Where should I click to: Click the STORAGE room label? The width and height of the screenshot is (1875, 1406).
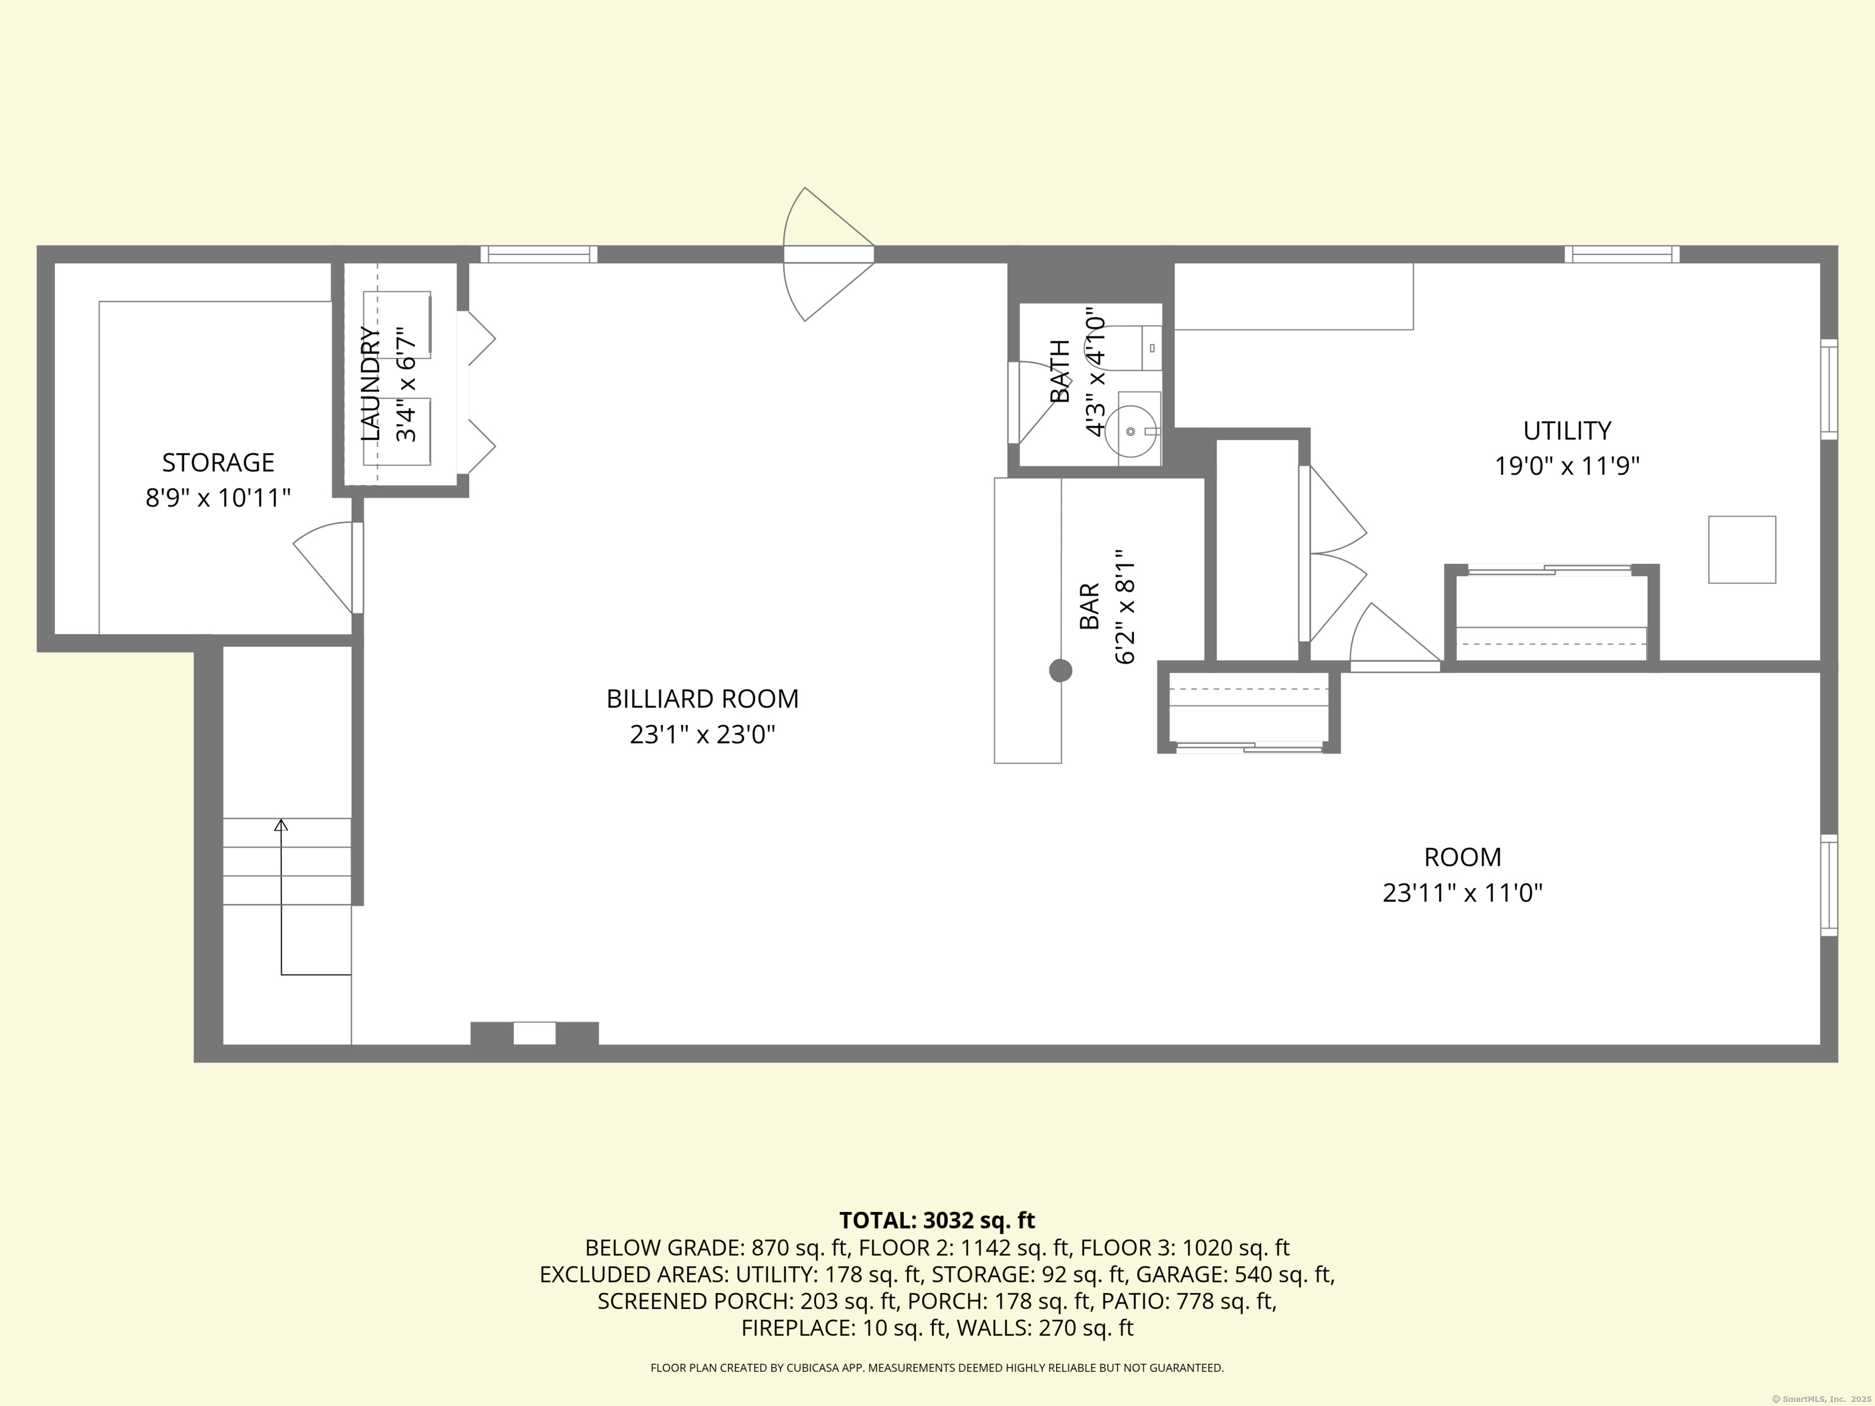218,463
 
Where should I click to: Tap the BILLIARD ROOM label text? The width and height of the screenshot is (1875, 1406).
702,699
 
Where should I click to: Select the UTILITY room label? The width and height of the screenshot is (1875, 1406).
1566,431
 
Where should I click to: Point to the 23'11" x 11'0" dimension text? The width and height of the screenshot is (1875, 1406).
1462,892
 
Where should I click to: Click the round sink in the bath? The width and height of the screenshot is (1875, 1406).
1131,431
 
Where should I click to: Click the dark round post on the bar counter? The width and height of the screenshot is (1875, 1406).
1060,671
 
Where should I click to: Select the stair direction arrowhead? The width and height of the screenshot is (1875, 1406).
281,824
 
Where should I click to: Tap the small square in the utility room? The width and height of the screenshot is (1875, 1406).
1742,549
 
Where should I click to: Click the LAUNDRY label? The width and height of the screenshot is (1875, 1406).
370,384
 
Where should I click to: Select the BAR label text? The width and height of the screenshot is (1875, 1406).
1089,606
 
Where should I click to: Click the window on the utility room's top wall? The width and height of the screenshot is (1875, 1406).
1622,254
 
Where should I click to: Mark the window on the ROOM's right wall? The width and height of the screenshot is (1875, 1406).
1829,885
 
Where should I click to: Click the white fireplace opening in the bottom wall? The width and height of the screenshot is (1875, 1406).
535,1033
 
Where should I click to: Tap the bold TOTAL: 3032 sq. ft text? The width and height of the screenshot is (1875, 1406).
937,1220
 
